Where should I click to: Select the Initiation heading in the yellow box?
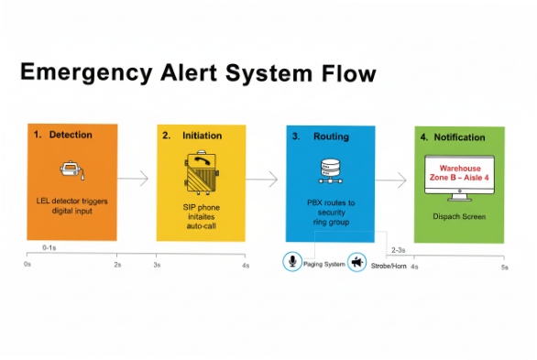pos(202,135)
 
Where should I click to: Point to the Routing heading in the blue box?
pos(331,136)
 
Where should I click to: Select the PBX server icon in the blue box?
pos(330,170)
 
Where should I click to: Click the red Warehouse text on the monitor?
pos(459,169)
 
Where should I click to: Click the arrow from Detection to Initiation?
pos(136,179)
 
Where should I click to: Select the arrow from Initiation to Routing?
pos(266,179)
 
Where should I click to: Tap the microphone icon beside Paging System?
pos(292,262)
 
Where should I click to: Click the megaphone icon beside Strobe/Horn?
pos(357,263)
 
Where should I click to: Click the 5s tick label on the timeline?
pos(503,267)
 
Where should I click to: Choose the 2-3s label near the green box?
pos(400,249)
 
